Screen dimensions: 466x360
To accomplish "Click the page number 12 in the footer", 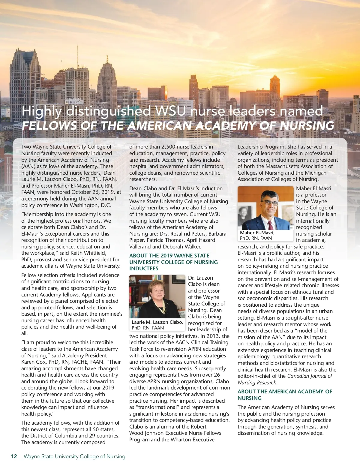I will (14, 456).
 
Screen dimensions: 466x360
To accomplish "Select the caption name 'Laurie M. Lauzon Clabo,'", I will (157, 322).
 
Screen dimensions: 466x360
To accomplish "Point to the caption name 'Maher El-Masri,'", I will (257, 233).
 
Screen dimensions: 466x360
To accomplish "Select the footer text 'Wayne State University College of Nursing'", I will (74, 456).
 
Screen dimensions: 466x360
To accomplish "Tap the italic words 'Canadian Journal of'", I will (310, 376).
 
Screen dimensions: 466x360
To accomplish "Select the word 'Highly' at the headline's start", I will (41, 111).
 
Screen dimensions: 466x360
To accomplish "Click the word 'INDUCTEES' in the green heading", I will (144, 269).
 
